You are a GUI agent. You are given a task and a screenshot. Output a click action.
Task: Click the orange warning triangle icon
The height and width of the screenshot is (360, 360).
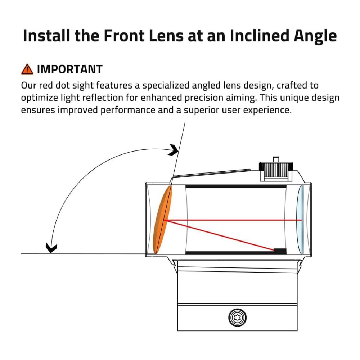point(27,69)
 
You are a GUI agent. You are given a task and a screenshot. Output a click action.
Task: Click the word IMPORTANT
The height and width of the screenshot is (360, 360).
point(70,69)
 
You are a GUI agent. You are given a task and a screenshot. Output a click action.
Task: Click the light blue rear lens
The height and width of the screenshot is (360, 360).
point(302,220)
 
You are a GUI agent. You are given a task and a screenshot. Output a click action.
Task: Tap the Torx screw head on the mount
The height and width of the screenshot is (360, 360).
point(238,318)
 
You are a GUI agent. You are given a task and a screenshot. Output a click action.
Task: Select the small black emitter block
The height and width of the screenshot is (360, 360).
point(280,251)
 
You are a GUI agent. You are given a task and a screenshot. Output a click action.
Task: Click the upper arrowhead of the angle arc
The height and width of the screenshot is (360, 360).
point(174,150)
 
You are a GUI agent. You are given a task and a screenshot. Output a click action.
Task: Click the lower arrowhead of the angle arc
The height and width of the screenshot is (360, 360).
point(52,248)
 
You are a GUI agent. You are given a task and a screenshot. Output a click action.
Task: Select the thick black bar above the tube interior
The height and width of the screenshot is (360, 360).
point(236,187)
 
